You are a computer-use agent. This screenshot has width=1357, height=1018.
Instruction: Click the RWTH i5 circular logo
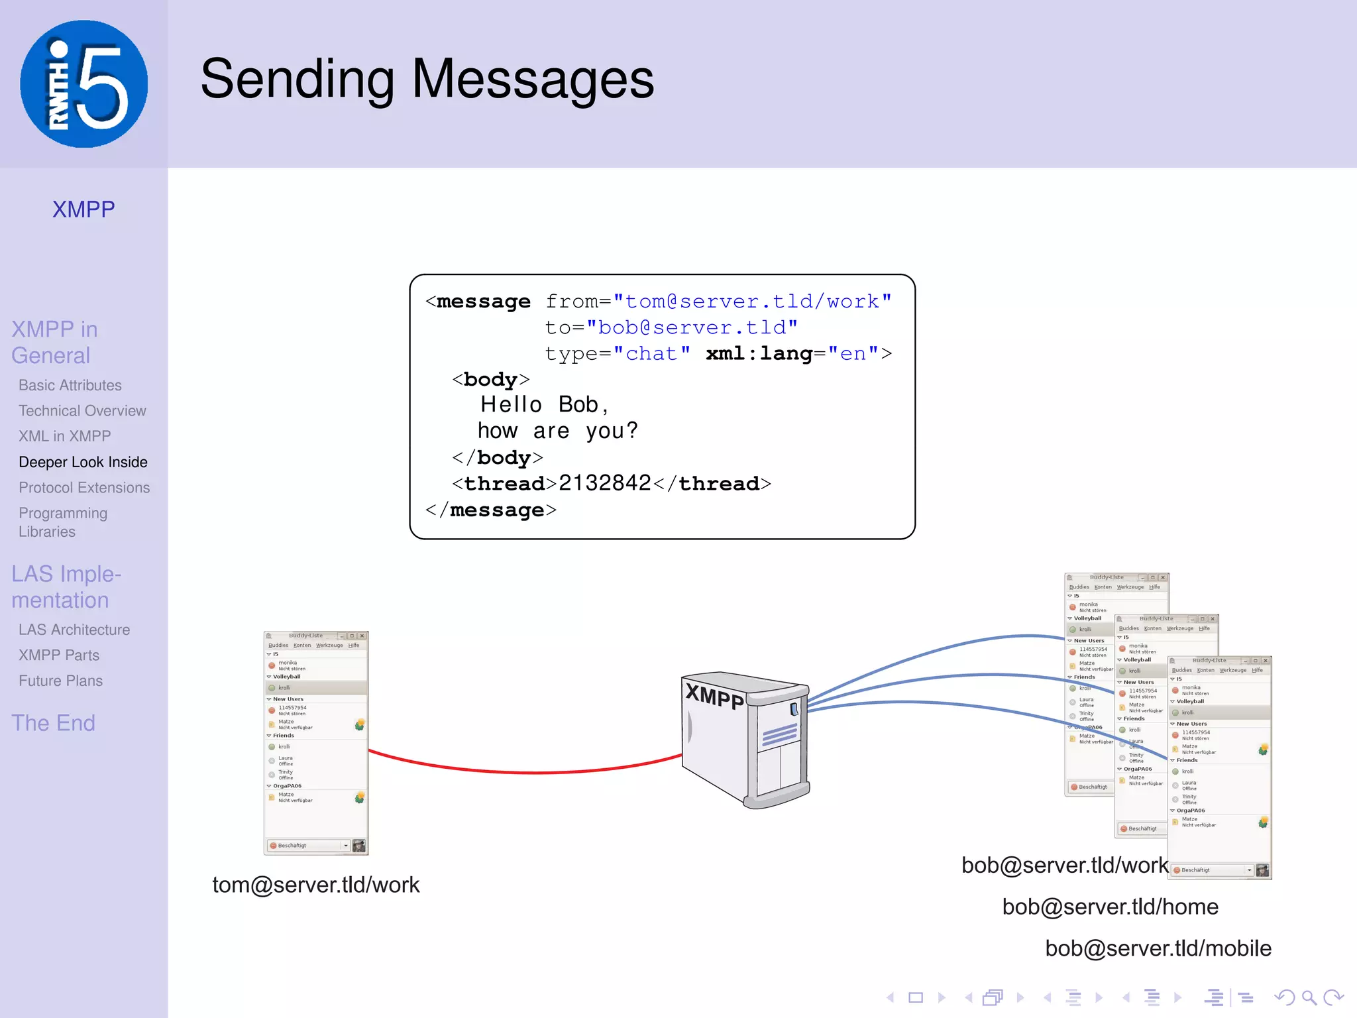click(x=83, y=84)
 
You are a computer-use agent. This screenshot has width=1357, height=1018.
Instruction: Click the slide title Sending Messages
click(x=427, y=79)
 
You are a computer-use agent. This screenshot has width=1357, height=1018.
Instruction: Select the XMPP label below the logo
click(x=83, y=209)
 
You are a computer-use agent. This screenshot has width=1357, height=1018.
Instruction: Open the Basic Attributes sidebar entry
click(x=70, y=385)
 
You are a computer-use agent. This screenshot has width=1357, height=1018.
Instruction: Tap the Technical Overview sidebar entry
click(x=82, y=411)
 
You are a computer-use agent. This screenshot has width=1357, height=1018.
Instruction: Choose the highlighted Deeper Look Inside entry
click(x=83, y=462)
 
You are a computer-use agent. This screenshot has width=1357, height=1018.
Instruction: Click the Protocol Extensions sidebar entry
click(x=84, y=488)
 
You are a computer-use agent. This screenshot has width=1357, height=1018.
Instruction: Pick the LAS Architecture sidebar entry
click(x=74, y=630)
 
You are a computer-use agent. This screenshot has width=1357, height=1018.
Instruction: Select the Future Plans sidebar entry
click(x=60, y=681)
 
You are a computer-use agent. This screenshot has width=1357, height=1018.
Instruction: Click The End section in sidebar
click(x=53, y=722)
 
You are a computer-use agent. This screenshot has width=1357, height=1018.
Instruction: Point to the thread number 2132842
click(x=604, y=483)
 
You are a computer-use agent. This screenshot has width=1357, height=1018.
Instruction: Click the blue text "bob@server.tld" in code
click(x=692, y=327)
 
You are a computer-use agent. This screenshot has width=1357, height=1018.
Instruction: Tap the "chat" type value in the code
click(x=651, y=353)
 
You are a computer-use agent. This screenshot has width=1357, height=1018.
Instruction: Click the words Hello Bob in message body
click(x=543, y=404)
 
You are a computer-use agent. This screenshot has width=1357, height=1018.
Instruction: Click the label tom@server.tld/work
click(x=315, y=885)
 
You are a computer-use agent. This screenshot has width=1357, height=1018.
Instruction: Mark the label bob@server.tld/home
click(x=1110, y=907)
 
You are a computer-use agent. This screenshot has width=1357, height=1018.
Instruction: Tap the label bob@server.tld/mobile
click(x=1158, y=948)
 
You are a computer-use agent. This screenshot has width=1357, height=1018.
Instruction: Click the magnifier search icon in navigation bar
click(x=1309, y=997)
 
